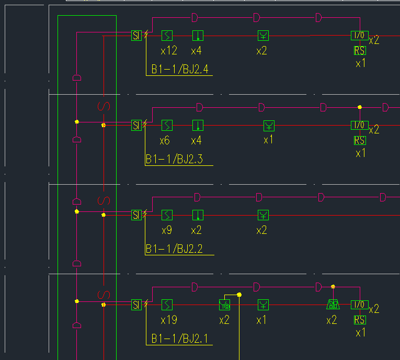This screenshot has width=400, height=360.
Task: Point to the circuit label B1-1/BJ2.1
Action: (179, 339)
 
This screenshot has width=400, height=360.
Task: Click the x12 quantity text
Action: (168, 51)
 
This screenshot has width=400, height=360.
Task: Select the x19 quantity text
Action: (169, 320)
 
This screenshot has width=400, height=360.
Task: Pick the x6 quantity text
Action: (165, 141)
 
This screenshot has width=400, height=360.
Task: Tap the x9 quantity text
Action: (166, 230)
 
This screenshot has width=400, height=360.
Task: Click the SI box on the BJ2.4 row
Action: (136, 36)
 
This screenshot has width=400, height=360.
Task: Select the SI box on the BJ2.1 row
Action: (136, 305)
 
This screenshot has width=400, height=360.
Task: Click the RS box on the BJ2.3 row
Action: (360, 140)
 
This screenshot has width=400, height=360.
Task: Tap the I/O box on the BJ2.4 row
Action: (359, 36)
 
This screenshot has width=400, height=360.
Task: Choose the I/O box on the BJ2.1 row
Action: (359, 305)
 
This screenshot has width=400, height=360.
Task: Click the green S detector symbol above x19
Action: (167, 305)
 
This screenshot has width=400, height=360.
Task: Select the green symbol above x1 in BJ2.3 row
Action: (269, 125)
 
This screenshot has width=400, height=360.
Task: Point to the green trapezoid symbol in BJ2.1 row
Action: (333, 305)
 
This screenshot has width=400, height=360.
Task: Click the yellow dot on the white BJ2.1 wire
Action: (239, 295)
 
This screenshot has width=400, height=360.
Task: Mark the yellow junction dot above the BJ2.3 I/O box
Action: (359, 107)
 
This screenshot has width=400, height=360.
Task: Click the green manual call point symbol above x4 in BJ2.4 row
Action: (198, 36)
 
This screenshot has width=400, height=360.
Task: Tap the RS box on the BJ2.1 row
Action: (360, 320)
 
